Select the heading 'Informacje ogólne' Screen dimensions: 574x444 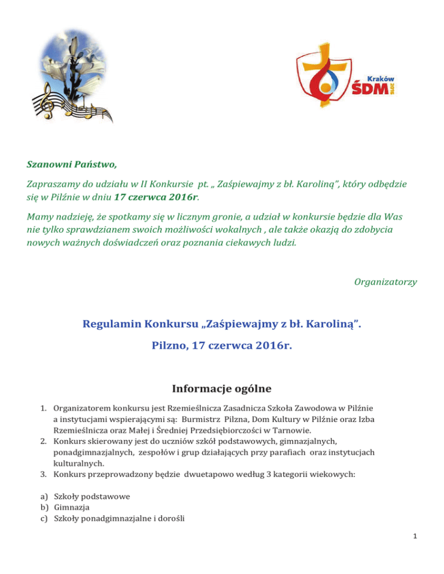pyautogui.click(x=222, y=386)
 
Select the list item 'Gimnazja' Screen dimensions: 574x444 pyautogui.click(x=70, y=507)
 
